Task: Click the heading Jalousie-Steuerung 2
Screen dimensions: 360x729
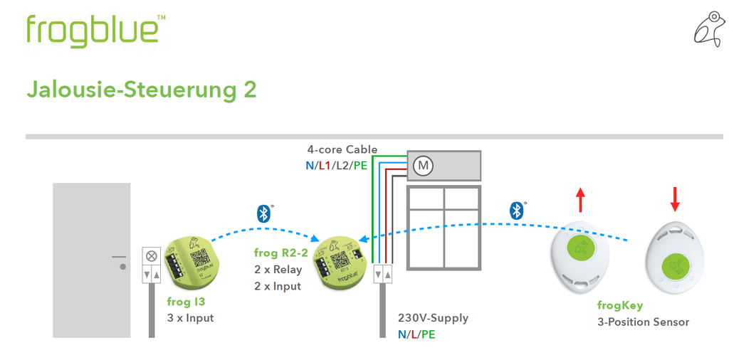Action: [x=141, y=90]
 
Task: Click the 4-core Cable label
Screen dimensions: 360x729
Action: [x=342, y=150]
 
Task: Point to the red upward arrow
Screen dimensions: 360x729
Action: [x=580, y=201]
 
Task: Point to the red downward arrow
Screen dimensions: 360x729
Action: [x=674, y=199]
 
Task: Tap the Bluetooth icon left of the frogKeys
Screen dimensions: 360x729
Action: [x=516, y=210]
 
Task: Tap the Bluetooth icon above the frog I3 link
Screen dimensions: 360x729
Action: [x=263, y=213]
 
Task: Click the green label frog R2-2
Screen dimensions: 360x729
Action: [x=280, y=253]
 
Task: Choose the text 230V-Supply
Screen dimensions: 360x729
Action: [x=433, y=318]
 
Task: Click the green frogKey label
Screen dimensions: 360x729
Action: [x=619, y=306]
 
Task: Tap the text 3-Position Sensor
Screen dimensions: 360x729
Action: [x=643, y=322]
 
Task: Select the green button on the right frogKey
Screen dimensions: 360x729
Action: [x=675, y=268]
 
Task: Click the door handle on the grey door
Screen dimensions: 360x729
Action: [x=120, y=258]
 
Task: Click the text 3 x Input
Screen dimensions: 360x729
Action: [x=190, y=318]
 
